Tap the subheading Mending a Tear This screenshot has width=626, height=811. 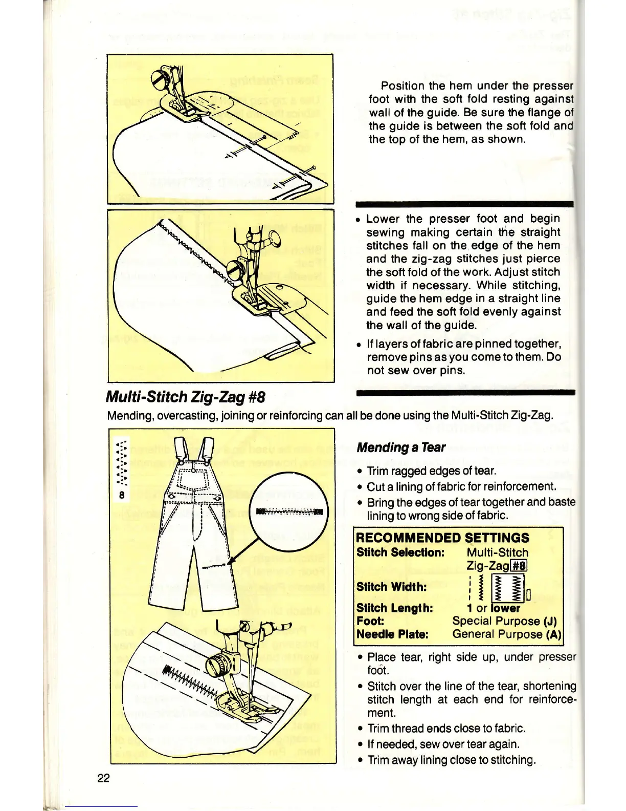click(401, 447)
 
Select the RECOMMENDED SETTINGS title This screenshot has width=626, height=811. click(442, 538)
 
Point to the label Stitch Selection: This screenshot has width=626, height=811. click(400, 552)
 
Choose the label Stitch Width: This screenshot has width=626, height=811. click(391, 587)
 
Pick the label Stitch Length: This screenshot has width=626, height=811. click(394, 608)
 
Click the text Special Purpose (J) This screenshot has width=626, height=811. click(504, 621)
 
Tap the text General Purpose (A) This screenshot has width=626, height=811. click(506, 634)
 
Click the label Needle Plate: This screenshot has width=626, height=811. click(392, 634)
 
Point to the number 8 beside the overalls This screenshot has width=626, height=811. click(122, 495)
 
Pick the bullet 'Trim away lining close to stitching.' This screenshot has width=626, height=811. click(451, 760)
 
